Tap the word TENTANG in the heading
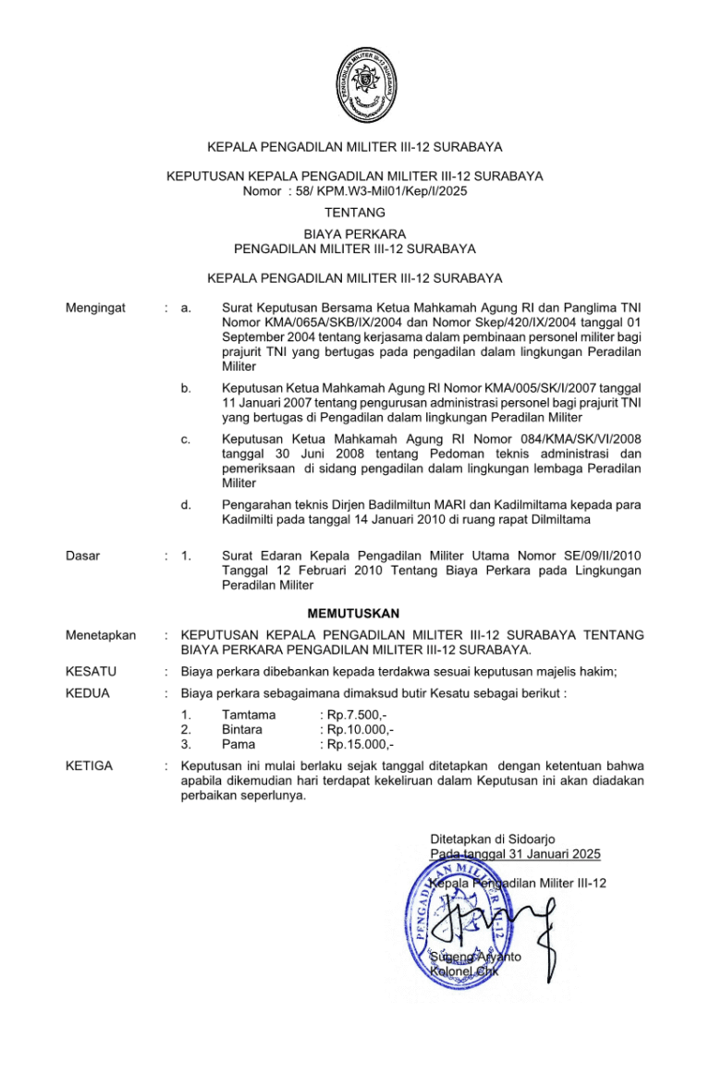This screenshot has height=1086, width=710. point(355,213)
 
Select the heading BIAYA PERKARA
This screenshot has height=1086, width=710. point(355,235)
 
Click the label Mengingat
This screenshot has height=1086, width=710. point(95,307)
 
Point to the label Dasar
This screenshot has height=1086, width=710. point(83,555)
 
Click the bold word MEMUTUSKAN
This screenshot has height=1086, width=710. point(355,613)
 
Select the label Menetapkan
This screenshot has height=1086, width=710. point(101,636)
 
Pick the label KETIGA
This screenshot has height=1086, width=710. point(90,766)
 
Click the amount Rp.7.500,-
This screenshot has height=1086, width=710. point(356,714)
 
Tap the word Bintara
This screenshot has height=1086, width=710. point(242,729)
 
